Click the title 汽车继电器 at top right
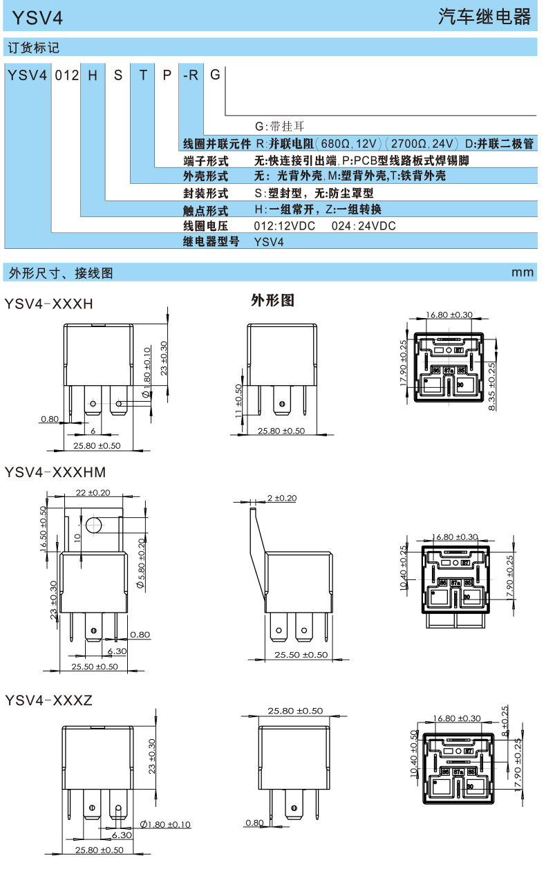[x=484, y=17]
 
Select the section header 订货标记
[x=33, y=48]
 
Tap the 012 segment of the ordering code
[x=67, y=75]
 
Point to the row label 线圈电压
[x=205, y=226]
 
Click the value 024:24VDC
[x=364, y=226]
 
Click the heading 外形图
[x=272, y=301]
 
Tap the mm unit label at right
[x=523, y=272]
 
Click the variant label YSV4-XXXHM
[x=55, y=472]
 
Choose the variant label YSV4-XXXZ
[x=48, y=700]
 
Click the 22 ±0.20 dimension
[x=93, y=493]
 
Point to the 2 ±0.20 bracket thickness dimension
[x=281, y=498]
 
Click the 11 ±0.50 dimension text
[x=238, y=403]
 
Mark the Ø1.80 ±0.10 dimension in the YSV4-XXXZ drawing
[x=165, y=824]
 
